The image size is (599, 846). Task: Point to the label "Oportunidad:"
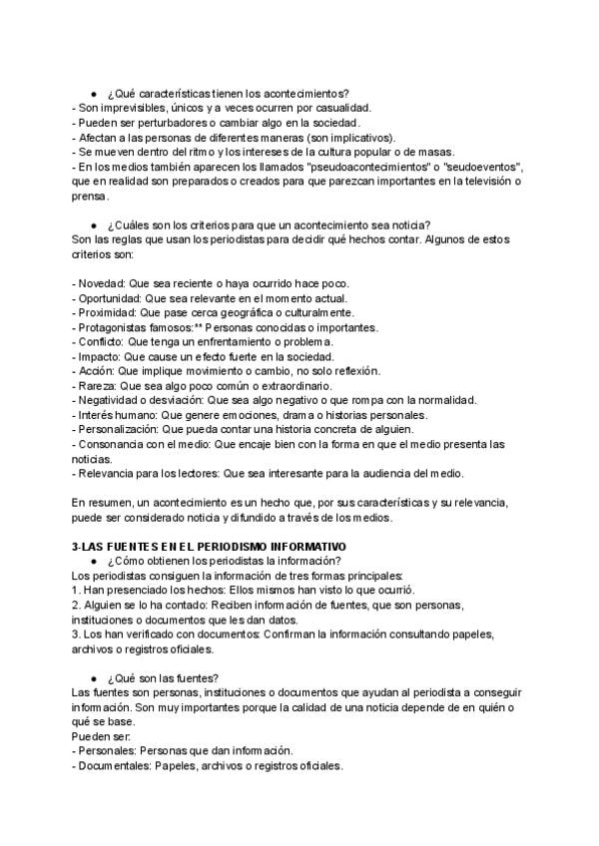(x=111, y=297)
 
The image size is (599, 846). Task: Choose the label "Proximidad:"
(x=109, y=312)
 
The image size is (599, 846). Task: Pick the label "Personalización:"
(x=119, y=430)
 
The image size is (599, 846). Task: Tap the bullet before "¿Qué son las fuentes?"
(x=93, y=649)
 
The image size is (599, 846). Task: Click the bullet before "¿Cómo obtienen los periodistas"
(x=93, y=562)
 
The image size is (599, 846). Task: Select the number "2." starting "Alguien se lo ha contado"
(x=77, y=606)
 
